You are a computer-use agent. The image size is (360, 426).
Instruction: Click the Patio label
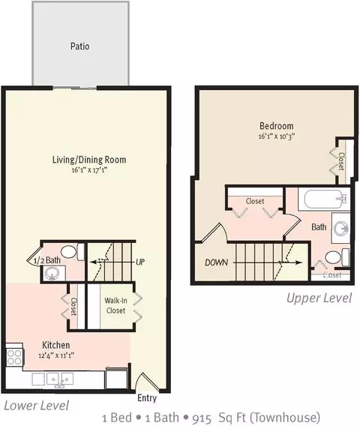(80, 46)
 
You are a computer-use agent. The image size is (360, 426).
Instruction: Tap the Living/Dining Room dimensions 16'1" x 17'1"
(89, 170)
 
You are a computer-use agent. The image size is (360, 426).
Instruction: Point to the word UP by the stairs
(140, 262)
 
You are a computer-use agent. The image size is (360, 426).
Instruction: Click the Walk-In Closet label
(115, 305)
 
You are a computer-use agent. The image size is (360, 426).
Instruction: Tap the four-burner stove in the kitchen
(14, 357)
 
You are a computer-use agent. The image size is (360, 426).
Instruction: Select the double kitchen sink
(60, 379)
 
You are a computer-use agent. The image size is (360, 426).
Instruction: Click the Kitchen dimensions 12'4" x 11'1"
(56, 355)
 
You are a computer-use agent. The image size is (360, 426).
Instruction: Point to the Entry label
(147, 398)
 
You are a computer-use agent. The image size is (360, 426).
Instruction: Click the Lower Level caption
(37, 406)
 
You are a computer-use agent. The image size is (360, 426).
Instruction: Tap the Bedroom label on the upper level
(277, 126)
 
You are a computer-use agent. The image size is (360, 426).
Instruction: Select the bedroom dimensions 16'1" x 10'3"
(277, 136)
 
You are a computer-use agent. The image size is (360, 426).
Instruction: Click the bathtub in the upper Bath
(324, 199)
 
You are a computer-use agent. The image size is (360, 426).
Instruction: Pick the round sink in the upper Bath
(341, 228)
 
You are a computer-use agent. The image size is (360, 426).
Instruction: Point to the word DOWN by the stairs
(216, 262)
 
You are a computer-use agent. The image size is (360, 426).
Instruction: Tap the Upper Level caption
(319, 298)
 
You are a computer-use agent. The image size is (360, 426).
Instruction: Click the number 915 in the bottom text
(202, 418)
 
